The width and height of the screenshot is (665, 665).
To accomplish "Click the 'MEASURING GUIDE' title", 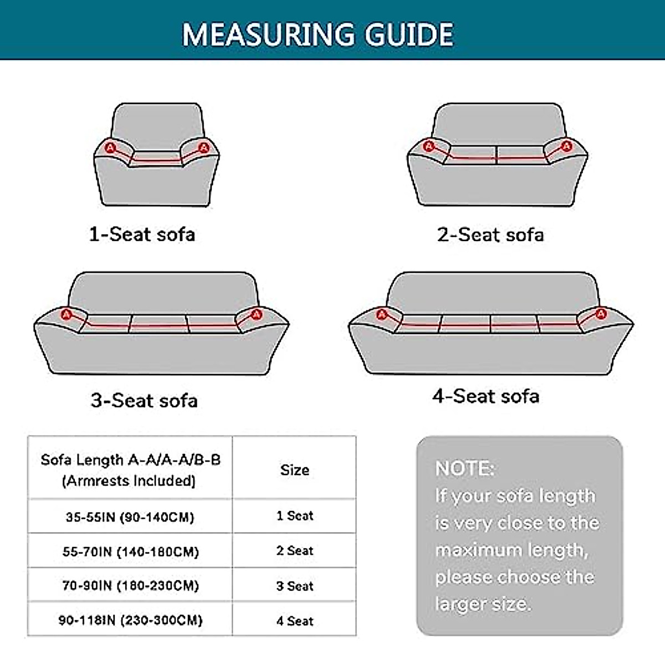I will pos(318,34).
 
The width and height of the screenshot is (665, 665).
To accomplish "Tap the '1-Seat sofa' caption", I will pos(142,234).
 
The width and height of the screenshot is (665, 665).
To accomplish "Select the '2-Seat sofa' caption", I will pos(490,234).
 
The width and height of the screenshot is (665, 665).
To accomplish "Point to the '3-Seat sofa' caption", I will pos(144,400).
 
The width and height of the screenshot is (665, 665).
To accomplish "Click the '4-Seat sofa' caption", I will pos(485,396).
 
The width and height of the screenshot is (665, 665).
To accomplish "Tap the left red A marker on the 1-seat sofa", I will pos(110,147).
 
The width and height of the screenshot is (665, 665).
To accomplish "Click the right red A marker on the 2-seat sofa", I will pos(566,146).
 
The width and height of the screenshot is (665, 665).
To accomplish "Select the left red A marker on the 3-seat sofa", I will pos(67,314).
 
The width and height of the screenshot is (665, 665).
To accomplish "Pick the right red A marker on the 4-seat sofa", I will pos(601,314).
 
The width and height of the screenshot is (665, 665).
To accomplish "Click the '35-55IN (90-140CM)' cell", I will pos(130,517).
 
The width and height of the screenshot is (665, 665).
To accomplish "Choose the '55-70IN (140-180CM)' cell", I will pos(130,551).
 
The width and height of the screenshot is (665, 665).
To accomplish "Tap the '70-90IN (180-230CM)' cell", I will pos(130,585).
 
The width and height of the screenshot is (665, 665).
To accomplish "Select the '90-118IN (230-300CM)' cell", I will pos(130,620).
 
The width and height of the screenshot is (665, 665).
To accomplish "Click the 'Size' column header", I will pos(294,470).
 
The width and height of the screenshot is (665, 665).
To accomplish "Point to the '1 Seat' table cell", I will pos(294,516).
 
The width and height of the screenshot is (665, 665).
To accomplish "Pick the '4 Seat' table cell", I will pos(294,621).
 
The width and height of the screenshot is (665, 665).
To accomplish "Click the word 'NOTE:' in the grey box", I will pos(464,468).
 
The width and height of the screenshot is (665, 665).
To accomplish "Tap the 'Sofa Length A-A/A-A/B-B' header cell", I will pos(130,469).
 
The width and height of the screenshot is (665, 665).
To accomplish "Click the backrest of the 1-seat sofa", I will pos(157,125).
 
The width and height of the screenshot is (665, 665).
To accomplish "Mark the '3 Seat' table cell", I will pos(294,586).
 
